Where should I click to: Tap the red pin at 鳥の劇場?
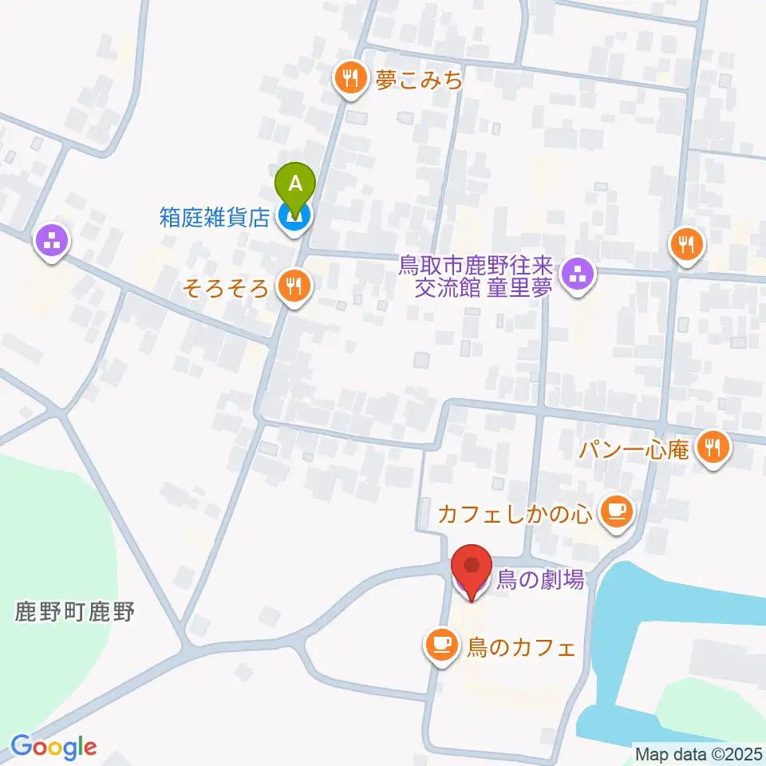(x=471, y=568)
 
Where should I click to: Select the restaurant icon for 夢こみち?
(x=350, y=79)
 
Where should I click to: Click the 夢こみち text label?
(x=420, y=80)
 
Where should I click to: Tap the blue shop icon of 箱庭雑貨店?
(x=295, y=217)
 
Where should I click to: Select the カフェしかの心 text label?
(x=515, y=513)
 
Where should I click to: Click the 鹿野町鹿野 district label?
(x=75, y=613)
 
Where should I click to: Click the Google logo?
(x=54, y=747)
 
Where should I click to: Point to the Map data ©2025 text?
(x=698, y=753)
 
